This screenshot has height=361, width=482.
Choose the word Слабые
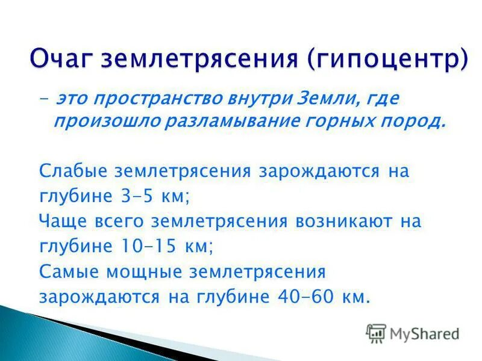coord(74,171)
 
